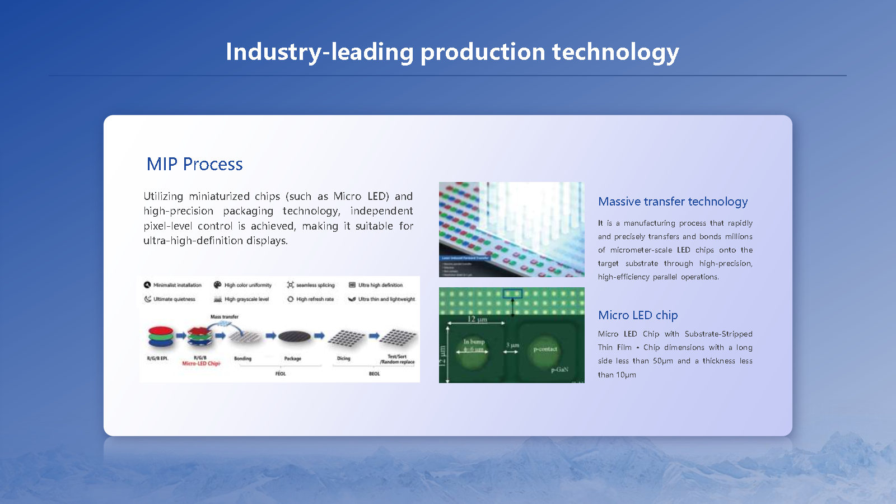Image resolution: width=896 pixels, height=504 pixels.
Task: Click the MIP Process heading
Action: (x=194, y=164)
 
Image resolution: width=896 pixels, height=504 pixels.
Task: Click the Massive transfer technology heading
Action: (x=673, y=202)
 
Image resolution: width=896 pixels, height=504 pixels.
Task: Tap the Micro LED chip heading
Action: (x=638, y=315)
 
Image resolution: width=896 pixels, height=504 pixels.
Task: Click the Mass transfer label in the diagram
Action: (x=224, y=317)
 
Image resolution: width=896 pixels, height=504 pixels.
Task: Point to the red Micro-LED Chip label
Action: (x=201, y=363)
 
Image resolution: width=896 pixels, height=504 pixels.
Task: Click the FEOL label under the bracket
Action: (x=281, y=374)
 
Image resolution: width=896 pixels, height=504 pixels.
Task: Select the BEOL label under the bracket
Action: (x=374, y=374)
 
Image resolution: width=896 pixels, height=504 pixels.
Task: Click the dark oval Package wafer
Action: (x=294, y=336)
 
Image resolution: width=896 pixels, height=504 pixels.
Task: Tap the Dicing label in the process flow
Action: (x=343, y=358)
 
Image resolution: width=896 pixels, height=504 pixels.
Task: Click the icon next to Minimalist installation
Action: (x=147, y=285)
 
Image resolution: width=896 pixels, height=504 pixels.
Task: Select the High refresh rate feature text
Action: (x=315, y=299)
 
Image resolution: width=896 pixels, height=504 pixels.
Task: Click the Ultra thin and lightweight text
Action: (x=386, y=299)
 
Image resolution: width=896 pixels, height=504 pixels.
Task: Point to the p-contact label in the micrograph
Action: (x=545, y=349)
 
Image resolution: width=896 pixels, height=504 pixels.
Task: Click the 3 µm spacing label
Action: (x=512, y=345)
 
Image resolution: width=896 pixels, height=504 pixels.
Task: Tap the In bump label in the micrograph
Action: (x=474, y=342)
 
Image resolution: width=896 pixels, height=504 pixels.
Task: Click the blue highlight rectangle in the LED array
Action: (x=512, y=293)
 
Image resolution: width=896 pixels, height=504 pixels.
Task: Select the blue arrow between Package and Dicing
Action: (x=319, y=336)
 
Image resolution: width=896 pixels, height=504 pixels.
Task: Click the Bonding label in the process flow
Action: (x=242, y=358)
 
